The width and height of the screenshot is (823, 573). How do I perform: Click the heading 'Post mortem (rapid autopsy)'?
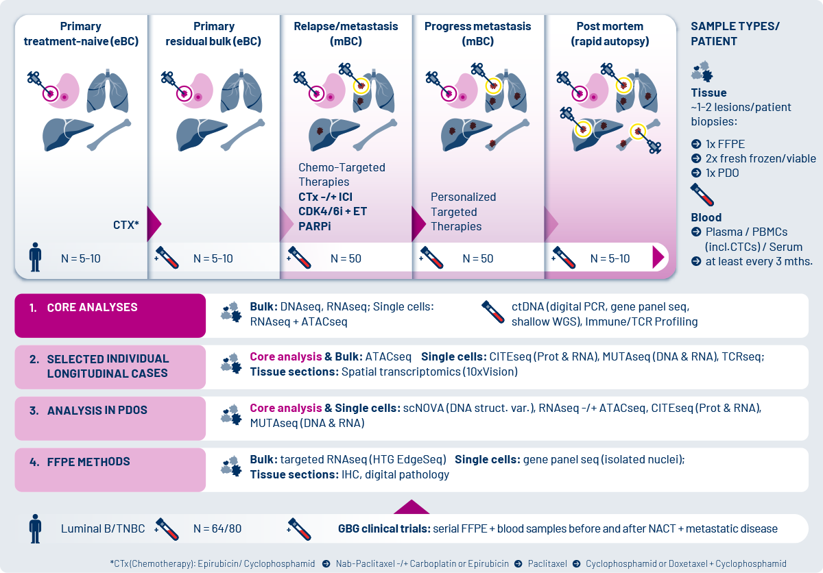click(x=610, y=34)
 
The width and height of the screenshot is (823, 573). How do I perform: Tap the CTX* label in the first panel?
click(x=126, y=225)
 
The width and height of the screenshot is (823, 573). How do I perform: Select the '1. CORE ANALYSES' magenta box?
click(x=110, y=315)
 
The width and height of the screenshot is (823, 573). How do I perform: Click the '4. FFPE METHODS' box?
click(x=110, y=470)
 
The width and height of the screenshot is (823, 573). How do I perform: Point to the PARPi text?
click(x=315, y=226)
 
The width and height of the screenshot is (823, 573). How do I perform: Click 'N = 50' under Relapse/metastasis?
click(x=346, y=258)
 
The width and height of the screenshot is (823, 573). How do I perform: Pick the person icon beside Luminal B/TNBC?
click(x=35, y=528)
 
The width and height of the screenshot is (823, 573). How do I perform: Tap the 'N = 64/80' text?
click(x=217, y=528)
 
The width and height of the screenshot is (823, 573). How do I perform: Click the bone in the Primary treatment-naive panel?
click(x=109, y=134)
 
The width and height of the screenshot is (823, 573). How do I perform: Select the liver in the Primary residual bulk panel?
click(x=202, y=134)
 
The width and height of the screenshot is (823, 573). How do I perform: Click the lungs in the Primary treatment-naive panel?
click(x=107, y=90)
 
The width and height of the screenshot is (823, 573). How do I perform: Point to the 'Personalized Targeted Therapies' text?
click(x=463, y=211)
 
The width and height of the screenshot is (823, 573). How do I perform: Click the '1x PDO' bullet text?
click(x=722, y=173)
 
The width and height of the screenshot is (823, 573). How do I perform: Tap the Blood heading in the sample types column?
click(x=706, y=217)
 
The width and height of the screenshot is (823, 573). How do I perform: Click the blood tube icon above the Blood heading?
click(x=702, y=195)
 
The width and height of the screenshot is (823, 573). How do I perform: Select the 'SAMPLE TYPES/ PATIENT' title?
click(x=735, y=34)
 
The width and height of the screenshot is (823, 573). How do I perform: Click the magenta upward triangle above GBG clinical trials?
click(x=411, y=507)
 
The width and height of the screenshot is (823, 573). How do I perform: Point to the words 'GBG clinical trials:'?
click(x=384, y=528)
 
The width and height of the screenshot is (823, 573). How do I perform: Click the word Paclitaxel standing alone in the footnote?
click(x=547, y=563)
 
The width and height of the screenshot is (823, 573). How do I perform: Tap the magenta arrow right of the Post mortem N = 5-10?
click(x=658, y=257)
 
